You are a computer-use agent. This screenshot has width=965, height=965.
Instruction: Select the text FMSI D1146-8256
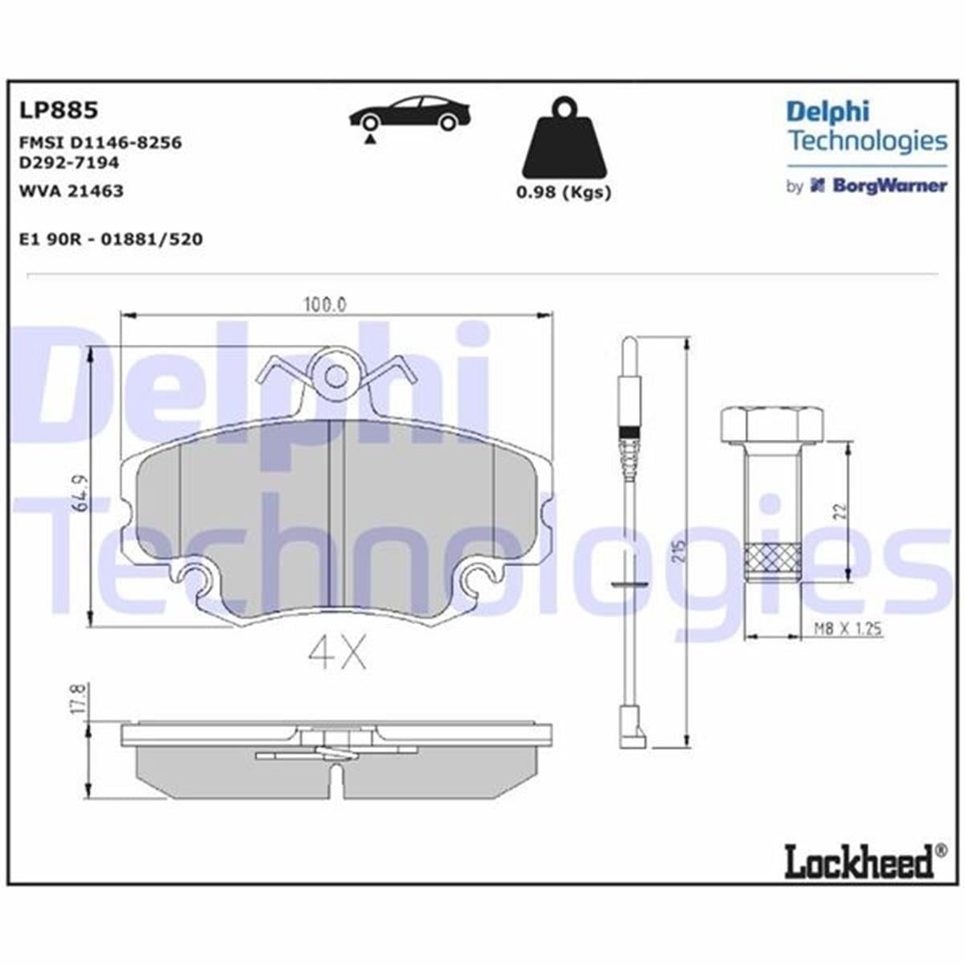[100, 142]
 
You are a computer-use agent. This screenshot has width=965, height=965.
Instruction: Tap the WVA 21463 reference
[71, 191]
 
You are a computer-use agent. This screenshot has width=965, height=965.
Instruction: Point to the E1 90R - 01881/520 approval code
[110, 239]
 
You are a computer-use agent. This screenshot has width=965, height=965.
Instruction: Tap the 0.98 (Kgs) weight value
[563, 192]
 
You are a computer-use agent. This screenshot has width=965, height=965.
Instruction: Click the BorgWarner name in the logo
[889, 186]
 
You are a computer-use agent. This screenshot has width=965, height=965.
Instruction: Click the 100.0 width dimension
[324, 305]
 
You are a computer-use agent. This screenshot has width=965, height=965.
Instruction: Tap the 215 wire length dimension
[680, 548]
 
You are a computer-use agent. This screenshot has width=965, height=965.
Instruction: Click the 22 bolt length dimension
[839, 511]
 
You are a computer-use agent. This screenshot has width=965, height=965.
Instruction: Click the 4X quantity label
[337, 654]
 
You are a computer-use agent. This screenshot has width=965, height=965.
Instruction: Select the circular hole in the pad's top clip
[337, 376]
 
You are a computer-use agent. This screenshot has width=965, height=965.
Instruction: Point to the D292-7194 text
[68, 162]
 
